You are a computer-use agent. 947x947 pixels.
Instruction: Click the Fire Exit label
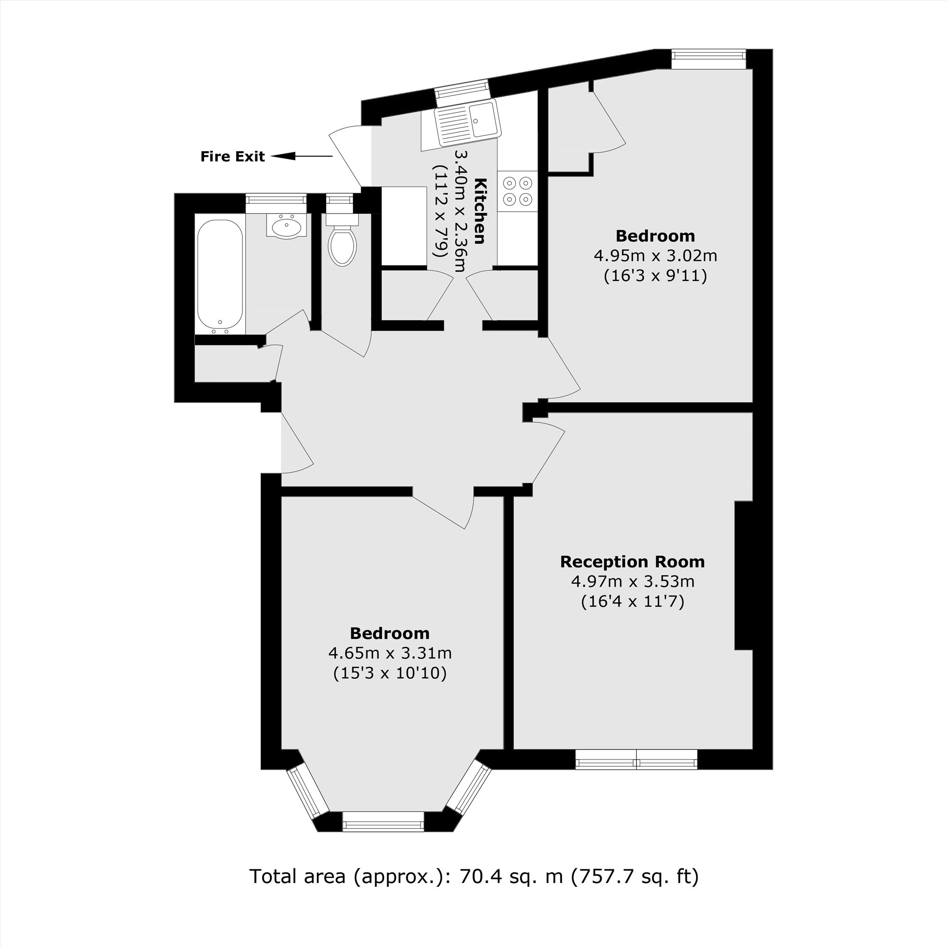232,157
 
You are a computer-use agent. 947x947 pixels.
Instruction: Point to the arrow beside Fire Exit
302,156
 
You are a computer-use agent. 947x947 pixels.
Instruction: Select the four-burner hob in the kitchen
518,191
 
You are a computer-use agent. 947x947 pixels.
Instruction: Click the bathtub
220,277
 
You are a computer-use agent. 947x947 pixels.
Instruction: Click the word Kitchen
480,211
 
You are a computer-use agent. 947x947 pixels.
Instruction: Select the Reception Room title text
632,562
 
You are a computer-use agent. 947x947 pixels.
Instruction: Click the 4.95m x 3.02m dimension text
656,256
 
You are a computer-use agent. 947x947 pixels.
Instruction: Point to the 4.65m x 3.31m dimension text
390,653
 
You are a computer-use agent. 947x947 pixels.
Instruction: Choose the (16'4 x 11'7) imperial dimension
632,601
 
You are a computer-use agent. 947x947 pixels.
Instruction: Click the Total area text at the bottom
474,875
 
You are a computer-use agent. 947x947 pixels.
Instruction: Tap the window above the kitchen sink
463,93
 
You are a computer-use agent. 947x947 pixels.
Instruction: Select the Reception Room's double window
636,759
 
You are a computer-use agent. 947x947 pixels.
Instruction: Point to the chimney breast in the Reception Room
743,575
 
